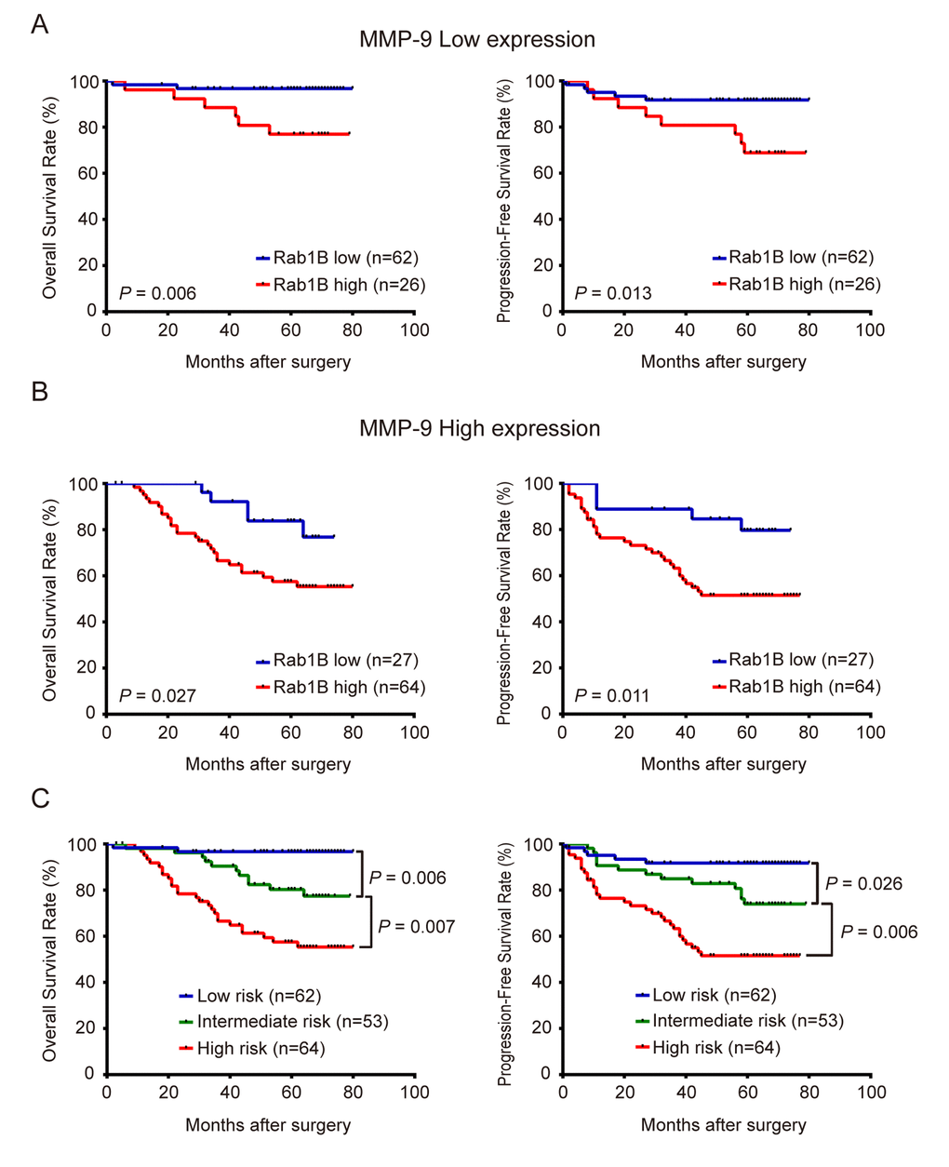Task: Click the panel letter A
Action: click(39, 24)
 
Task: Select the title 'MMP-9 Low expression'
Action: click(476, 40)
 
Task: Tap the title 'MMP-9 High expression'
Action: click(479, 429)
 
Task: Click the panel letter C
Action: click(40, 799)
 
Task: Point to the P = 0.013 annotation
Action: click(613, 293)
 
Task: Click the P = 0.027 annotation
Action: click(157, 695)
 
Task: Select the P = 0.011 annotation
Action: click(613, 695)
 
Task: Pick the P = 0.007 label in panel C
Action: click(416, 926)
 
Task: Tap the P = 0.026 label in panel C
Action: click(863, 883)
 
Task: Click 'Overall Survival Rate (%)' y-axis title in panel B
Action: click(50, 599)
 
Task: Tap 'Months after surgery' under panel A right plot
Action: click(723, 362)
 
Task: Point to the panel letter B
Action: click(39, 391)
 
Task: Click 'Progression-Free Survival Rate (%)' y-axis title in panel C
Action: click(505, 963)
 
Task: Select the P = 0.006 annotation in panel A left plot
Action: click(157, 293)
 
